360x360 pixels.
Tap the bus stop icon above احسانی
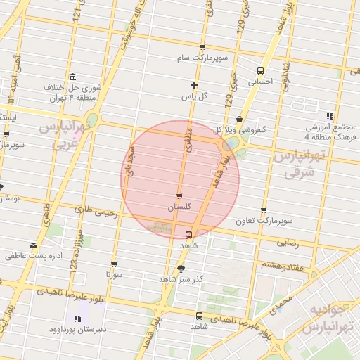[x=261, y=70]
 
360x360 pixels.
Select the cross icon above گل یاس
[x=194, y=85]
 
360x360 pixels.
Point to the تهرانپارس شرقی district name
[x=302, y=164]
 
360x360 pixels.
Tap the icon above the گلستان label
[x=179, y=197]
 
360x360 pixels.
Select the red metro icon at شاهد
[x=189, y=235]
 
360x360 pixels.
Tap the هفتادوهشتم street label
[x=282, y=265]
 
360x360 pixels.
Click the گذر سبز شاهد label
[x=181, y=279]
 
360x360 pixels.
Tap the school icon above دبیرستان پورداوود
[x=77, y=319]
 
